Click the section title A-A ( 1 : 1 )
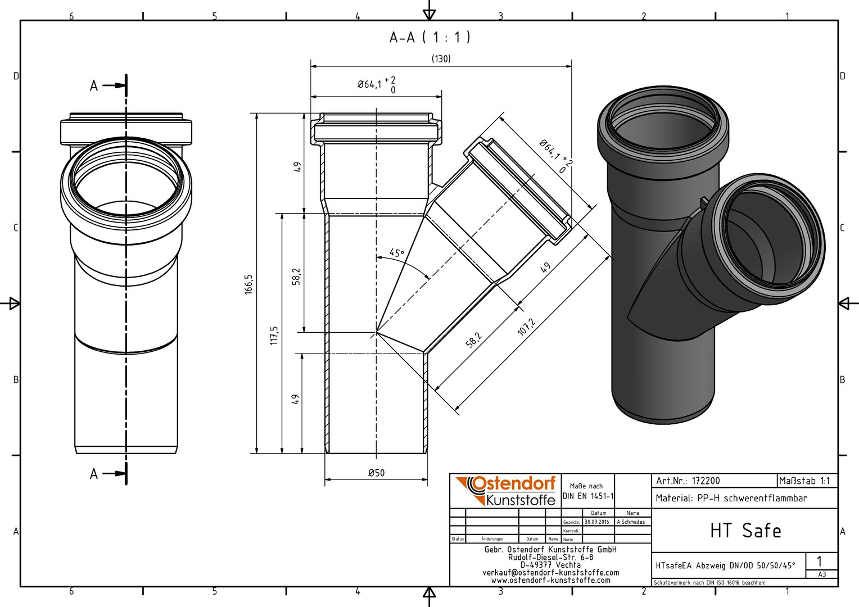(430, 38)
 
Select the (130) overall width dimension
(441, 58)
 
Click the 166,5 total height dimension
(248, 284)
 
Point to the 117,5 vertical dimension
(274, 335)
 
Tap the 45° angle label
(397, 253)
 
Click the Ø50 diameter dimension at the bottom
(376, 473)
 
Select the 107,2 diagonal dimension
(526, 327)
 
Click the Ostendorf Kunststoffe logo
(505, 491)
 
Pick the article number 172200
(706, 481)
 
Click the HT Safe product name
(745, 531)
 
